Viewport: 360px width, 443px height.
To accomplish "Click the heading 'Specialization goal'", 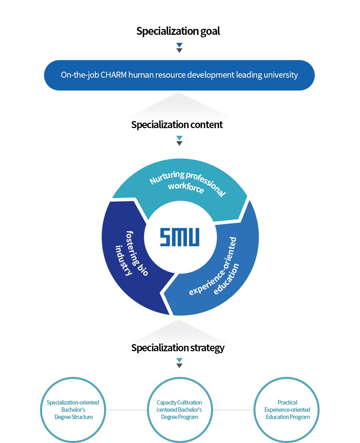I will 178,31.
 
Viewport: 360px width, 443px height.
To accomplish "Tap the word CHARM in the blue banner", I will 114,75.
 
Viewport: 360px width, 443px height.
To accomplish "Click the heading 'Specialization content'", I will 177,125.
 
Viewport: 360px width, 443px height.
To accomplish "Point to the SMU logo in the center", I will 179,237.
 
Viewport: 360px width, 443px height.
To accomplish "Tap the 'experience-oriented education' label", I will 217,268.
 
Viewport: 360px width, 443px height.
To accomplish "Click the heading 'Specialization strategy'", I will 178,348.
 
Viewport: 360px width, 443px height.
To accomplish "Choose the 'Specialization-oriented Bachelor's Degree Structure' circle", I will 73,410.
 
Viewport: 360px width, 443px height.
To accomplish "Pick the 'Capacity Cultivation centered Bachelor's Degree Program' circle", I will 179,410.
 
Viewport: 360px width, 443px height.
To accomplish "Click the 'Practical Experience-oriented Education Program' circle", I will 287,410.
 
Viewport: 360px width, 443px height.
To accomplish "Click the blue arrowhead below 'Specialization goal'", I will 179,45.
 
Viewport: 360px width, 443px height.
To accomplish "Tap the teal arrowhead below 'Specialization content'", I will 179,138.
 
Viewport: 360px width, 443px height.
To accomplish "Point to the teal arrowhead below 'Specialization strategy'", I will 179,360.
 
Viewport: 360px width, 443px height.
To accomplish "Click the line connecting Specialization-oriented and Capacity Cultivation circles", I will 126,410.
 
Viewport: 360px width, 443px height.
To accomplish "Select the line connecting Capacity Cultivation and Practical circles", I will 233,410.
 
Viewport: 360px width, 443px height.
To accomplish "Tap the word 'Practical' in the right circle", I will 287,403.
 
